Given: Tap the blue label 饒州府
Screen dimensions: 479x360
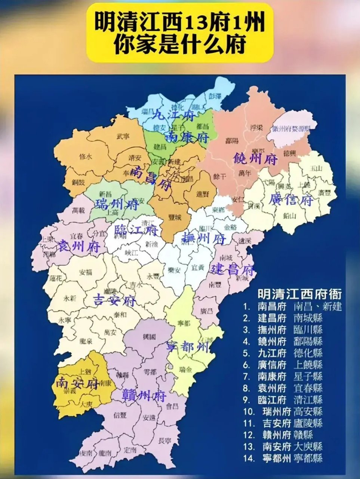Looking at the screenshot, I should (x=255, y=159).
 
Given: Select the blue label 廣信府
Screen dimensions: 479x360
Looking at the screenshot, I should (x=291, y=201).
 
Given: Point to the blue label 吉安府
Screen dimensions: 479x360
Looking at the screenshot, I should (x=115, y=300).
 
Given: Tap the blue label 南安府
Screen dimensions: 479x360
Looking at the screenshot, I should (x=77, y=383).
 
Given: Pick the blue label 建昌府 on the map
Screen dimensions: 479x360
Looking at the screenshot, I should (x=233, y=269).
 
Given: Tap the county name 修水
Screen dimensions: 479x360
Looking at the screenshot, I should (x=86, y=157).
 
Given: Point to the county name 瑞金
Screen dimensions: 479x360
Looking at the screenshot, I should (x=185, y=370).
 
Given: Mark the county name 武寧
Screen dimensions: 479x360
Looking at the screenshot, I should (x=123, y=136).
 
